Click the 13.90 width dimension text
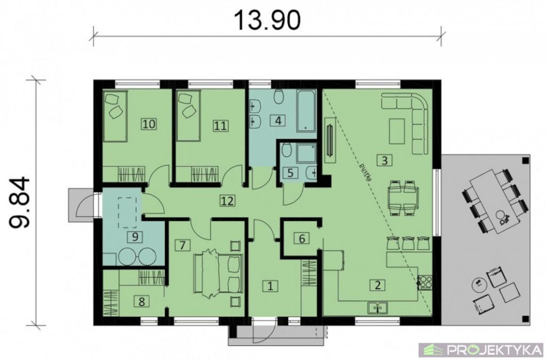coord(268,20)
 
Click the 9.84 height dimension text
coord(19,203)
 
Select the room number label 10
coord(149,124)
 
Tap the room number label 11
coord(220,126)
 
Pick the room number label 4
coord(278,120)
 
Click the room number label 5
coord(290,172)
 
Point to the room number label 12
coord(227,201)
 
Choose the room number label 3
coord(385,161)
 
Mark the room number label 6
coord(302,238)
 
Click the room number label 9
coord(135,237)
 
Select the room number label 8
coord(142,301)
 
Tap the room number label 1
coord(270,286)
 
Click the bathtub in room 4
coord(306,111)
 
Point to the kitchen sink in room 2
coord(377,308)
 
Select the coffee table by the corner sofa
coord(397,131)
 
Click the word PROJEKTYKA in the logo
coord(495,349)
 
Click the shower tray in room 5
coord(306,153)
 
